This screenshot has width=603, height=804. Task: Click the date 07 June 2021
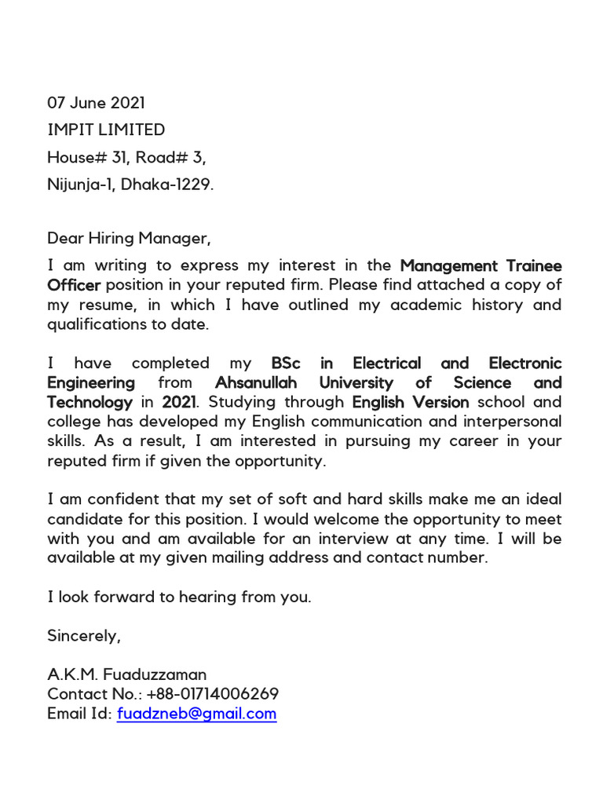point(96,103)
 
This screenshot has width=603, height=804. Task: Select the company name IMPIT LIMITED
point(106,130)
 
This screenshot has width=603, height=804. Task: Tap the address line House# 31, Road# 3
point(126,158)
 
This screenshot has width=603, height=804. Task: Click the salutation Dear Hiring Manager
point(130,237)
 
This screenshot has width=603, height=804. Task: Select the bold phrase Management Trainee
point(481,265)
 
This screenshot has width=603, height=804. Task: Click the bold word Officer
point(74,285)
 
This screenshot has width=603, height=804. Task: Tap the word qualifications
point(97,324)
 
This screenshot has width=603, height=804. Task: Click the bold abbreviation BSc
point(286,364)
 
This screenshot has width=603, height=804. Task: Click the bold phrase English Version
point(411,403)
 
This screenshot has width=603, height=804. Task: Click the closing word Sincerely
point(84,635)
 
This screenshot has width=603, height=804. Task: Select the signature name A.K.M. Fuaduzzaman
point(127,674)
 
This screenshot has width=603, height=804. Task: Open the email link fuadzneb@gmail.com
point(196,714)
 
